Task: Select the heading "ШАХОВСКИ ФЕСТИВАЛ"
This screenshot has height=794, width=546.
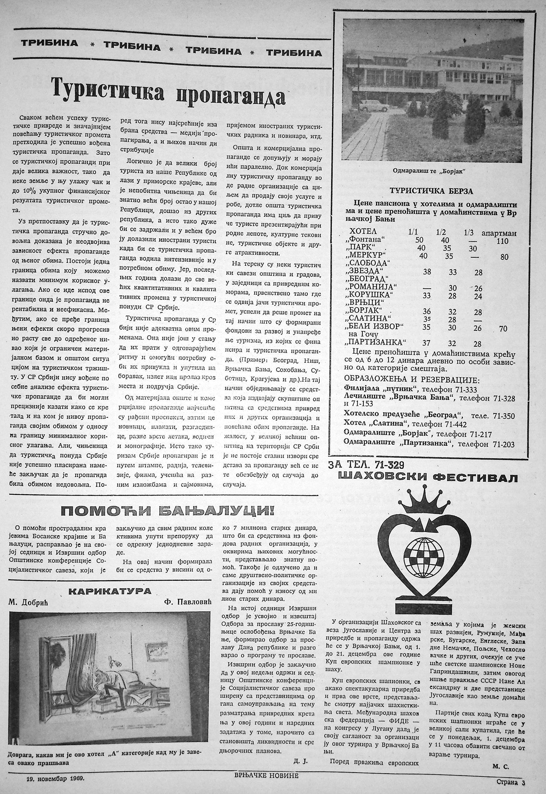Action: click(427, 478)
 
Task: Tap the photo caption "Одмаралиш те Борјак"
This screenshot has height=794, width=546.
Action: click(430, 171)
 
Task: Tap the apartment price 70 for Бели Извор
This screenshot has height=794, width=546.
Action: click(503, 329)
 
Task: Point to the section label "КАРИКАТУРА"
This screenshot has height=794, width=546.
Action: click(110, 591)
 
